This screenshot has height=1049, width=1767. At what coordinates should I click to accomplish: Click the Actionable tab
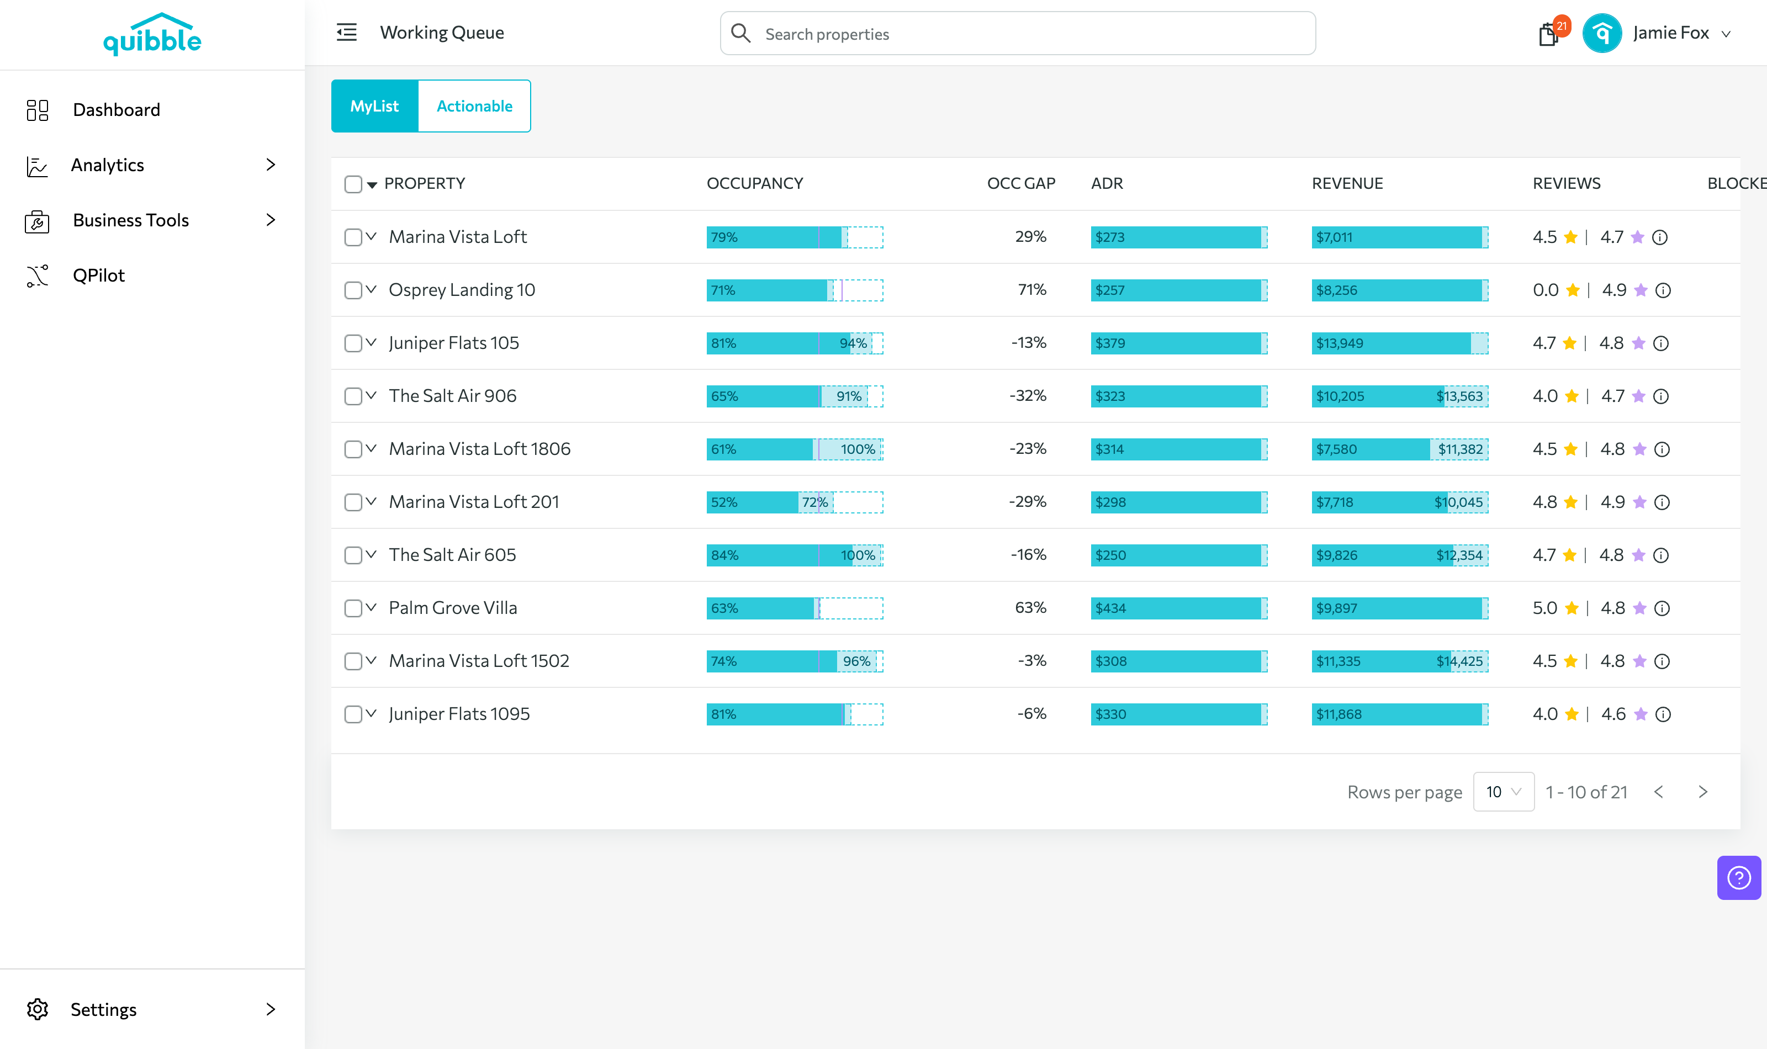tap(474, 106)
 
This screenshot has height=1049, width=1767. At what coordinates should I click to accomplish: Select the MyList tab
tap(374, 106)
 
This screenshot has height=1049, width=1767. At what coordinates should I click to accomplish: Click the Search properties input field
tap(1018, 33)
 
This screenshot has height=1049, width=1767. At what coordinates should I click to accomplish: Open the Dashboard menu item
tap(116, 109)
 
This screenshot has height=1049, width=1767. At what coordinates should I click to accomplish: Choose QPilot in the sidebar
tap(98, 276)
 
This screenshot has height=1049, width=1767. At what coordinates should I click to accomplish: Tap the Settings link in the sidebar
tap(103, 1009)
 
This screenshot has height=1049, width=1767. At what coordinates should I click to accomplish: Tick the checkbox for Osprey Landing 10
tap(353, 290)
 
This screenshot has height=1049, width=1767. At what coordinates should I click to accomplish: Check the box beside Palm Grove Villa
tap(353, 608)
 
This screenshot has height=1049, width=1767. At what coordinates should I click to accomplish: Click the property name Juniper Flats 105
tap(454, 343)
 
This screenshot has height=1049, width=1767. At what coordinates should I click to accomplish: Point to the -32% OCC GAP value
tap(1028, 396)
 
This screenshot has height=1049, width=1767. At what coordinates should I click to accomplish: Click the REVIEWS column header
tap(1566, 184)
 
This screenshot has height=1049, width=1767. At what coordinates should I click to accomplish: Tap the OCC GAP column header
tap(1020, 184)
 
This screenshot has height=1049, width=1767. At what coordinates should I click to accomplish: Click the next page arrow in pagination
tap(1703, 792)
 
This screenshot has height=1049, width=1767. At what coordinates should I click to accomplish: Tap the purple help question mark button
tap(1739, 878)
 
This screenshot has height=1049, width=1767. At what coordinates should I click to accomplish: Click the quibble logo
tap(152, 35)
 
